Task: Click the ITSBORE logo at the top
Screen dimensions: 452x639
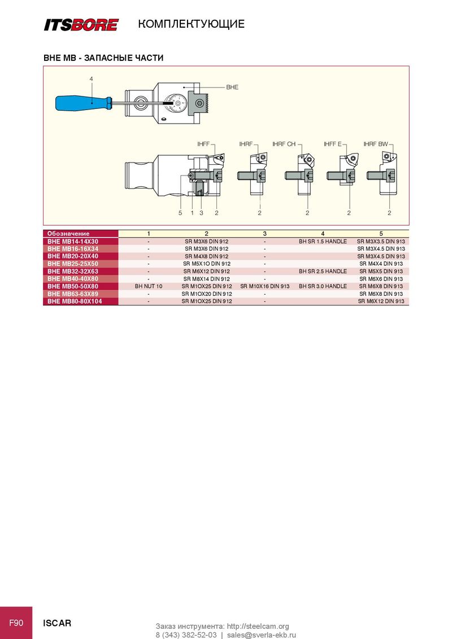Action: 81,25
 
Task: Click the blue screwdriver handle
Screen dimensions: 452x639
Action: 84,103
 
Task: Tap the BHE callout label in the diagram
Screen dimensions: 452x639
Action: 232,87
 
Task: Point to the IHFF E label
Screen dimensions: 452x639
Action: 332,144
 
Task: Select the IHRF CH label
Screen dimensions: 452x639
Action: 284,144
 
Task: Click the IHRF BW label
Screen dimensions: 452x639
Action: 376,144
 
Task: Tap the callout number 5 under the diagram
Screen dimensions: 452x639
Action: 180,213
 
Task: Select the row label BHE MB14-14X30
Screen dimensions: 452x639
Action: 73,241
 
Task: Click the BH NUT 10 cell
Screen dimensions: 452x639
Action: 149,286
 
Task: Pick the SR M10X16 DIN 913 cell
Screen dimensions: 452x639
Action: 265,286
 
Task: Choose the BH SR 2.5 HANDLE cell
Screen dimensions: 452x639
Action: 323,271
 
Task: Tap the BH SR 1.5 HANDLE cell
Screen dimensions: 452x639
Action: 323,241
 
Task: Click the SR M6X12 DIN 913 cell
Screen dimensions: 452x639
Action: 381,301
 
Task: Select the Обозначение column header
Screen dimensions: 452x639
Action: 68,234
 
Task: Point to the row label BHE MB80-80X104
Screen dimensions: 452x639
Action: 75,301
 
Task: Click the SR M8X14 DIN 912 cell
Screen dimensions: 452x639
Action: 206,279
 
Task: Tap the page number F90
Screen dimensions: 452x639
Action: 16,623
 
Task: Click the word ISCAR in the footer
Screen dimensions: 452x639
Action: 57,623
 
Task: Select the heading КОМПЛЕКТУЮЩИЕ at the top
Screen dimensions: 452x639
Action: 192,24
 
